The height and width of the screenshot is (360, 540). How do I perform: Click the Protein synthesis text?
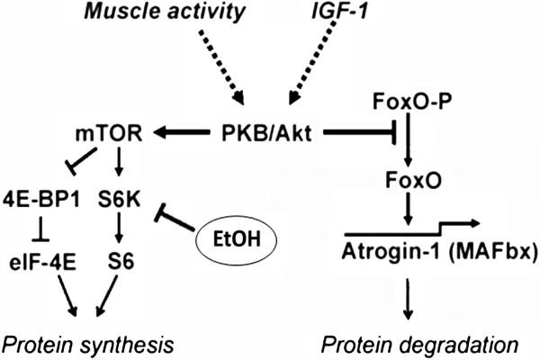pyautogui.click(x=85, y=345)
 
